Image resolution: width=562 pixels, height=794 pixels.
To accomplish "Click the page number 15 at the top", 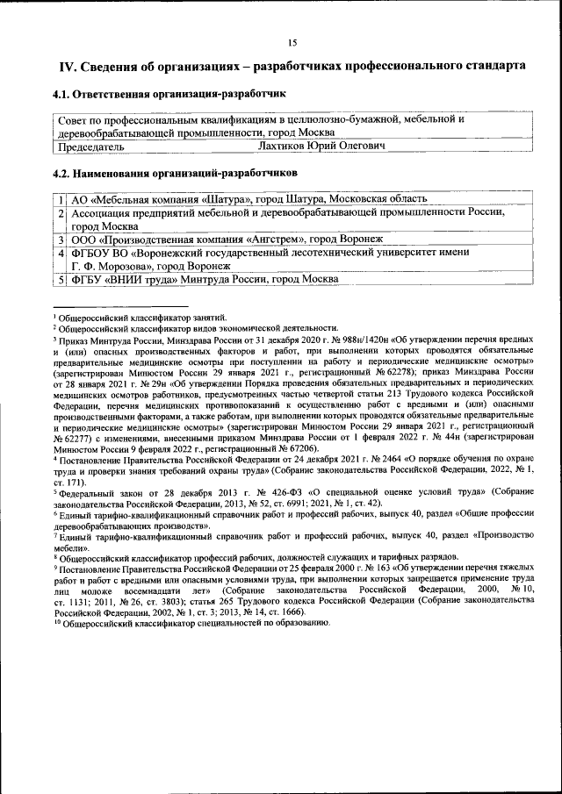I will [292, 42].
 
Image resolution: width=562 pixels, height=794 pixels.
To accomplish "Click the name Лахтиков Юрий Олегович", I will [322, 146].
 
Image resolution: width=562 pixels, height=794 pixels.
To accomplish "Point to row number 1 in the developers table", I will [62, 199].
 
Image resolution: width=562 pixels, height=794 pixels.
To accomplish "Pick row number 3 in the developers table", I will [62, 239].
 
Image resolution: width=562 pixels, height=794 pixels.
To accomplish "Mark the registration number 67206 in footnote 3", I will [294, 446].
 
